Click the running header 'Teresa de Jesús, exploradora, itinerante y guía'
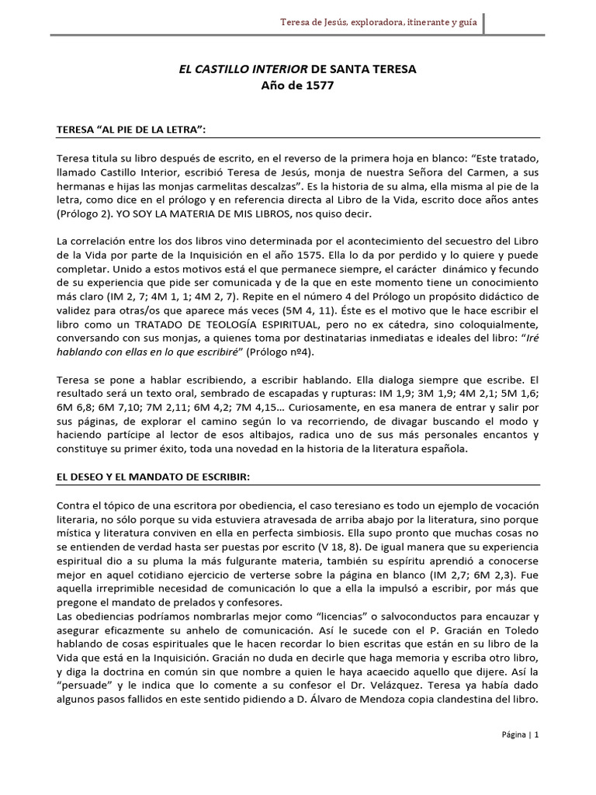tap(379, 23)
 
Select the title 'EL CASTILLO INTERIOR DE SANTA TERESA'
tap(298, 69)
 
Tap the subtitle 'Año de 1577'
tap(298, 86)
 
